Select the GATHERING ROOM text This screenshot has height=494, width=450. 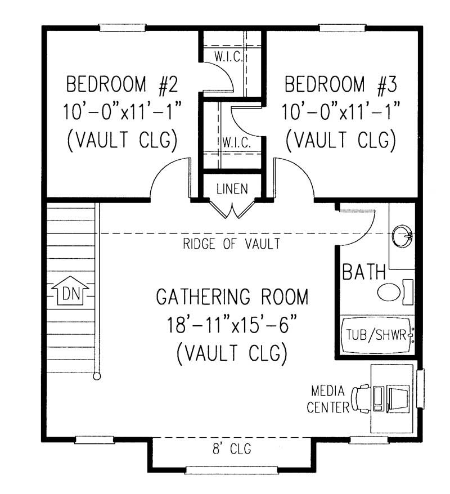(232, 297)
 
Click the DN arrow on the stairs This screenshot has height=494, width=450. (67, 292)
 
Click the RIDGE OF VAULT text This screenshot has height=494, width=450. (231, 244)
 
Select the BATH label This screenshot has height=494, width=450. (364, 273)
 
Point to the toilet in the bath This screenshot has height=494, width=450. (394, 292)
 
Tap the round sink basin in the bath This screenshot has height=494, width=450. (402, 233)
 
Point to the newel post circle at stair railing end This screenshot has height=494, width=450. (97, 377)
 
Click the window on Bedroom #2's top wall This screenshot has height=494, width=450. (123, 27)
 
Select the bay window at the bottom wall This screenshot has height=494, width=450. (232, 470)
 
